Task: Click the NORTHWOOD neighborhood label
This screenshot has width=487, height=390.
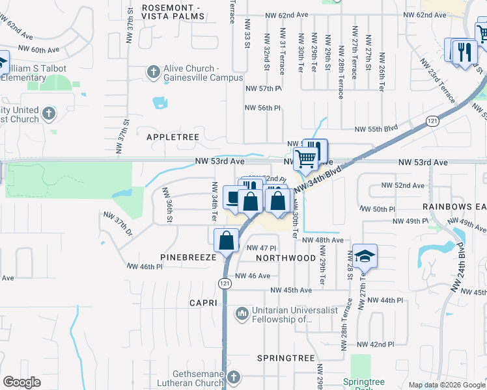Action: click(286, 258)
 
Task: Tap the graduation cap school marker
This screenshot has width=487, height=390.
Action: click(365, 256)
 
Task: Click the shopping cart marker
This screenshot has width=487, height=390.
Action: click(305, 157)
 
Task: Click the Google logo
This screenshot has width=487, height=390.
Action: click(21, 382)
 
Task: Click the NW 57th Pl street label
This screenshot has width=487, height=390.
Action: click(263, 88)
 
